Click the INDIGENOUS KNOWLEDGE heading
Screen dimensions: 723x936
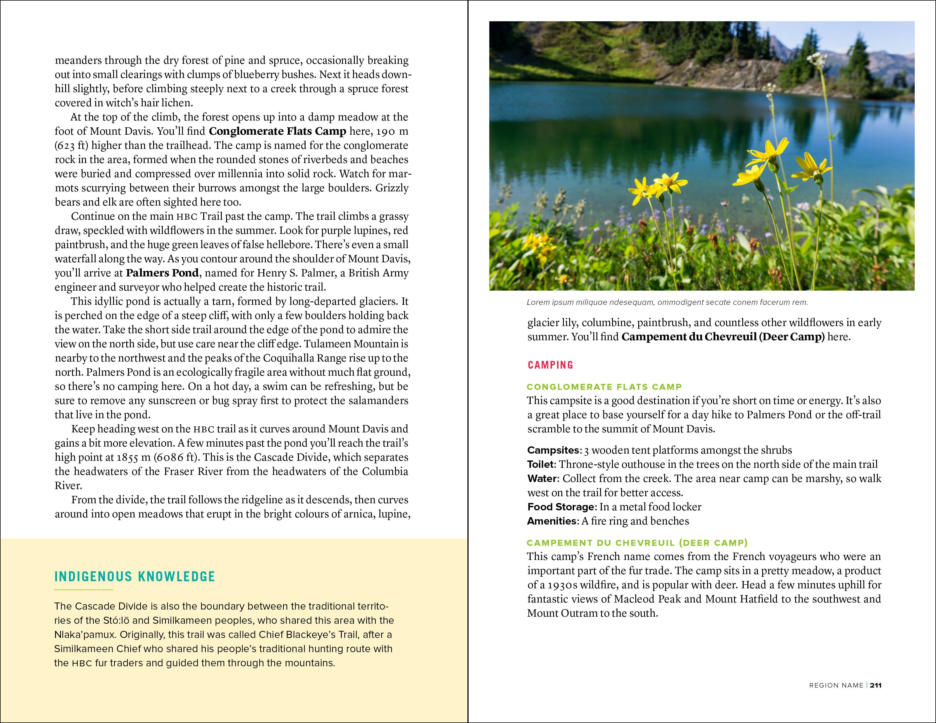[x=134, y=576]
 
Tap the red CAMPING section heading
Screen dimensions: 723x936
[x=550, y=365]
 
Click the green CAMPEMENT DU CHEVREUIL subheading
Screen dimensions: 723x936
[x=637, y=543]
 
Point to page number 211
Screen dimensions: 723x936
[x=876, y=685]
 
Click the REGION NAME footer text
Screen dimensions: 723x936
[x=836, y=685]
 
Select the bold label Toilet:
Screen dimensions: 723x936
[x=541, y=464]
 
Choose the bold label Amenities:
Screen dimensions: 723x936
[x=553, y=521]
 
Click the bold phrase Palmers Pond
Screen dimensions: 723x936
[x=162, y=273]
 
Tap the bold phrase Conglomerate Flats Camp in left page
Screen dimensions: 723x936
[x=277, y=131]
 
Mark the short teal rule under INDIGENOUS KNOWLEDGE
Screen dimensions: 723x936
[x=84, y=590]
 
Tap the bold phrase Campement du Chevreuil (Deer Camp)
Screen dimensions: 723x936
[x=723, y=337]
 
